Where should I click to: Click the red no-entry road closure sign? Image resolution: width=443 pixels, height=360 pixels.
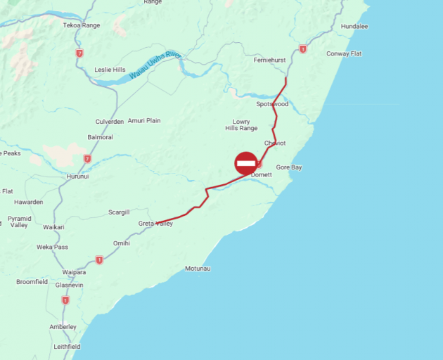[246, 163]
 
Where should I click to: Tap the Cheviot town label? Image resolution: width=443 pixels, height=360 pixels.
[275, 143]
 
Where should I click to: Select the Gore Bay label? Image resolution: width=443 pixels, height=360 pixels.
[288, 167]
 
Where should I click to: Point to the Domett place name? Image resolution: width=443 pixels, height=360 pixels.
[261, 174]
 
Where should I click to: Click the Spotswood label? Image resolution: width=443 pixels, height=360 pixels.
[272, 104]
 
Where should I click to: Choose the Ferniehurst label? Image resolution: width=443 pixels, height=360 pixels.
[269, 60]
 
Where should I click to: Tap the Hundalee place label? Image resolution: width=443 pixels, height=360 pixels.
[354, 26]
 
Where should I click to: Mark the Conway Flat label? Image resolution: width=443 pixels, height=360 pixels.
[344, 53]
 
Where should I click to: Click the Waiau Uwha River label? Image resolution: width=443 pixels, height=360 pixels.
[155, 64]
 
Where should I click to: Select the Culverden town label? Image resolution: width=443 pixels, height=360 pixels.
[110, 121]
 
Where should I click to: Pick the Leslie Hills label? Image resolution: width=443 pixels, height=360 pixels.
[110, 70]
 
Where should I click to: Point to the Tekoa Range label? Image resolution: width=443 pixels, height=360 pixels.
[82, 25]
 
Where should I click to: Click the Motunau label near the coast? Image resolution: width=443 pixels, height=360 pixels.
[198, 269]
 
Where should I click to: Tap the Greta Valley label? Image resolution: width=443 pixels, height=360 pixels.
[155, 224]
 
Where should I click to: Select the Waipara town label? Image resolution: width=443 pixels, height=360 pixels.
[74, 271]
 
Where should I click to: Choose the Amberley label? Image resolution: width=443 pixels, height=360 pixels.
[63, 327]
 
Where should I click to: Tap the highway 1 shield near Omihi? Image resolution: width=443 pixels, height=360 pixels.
[99, 259]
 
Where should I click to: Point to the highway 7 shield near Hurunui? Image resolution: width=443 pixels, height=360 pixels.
[87, 159]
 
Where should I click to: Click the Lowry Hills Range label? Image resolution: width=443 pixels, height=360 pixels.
[241, 125]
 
